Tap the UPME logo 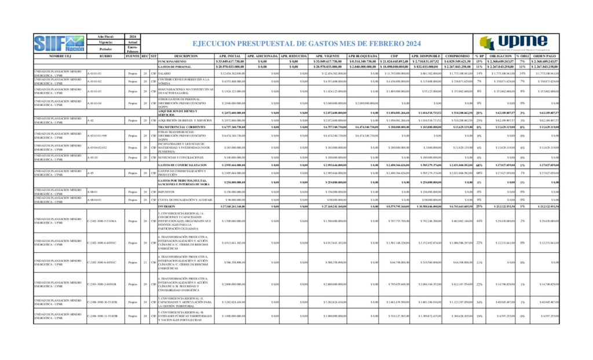pos(513,43)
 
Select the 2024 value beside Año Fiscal pos(133,36)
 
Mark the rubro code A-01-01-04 pos(94,102)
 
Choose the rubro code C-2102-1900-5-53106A pos(102,221)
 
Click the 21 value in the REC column pos(145,262)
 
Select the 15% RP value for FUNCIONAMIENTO pos(479,61)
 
